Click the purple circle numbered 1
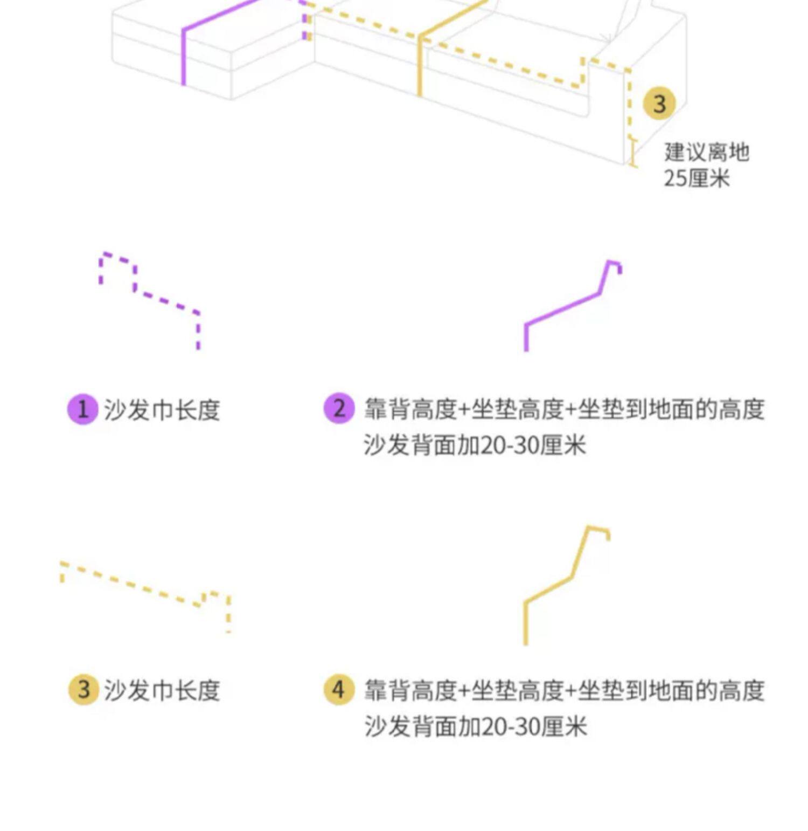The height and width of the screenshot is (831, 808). click(82, 409)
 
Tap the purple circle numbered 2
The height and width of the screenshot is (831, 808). click(339, 408)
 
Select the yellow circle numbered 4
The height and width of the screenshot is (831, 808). click(339, 689)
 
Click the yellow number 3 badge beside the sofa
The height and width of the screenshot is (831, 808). click(659, 103)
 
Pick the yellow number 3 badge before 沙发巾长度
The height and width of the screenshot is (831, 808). click(83, 690)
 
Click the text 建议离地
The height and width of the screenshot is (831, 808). click(706, 152)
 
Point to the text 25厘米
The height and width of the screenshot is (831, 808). click(696, 178)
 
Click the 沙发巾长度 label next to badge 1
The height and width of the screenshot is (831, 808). click(162, 410)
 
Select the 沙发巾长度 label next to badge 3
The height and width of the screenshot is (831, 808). click(162, 690)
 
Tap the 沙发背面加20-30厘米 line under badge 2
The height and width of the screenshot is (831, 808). click(475, 445)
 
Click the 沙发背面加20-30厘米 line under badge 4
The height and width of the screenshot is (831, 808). click(475, 726)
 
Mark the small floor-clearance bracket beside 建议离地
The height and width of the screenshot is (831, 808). click(633, 153)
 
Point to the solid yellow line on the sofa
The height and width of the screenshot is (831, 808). click(420, 65)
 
